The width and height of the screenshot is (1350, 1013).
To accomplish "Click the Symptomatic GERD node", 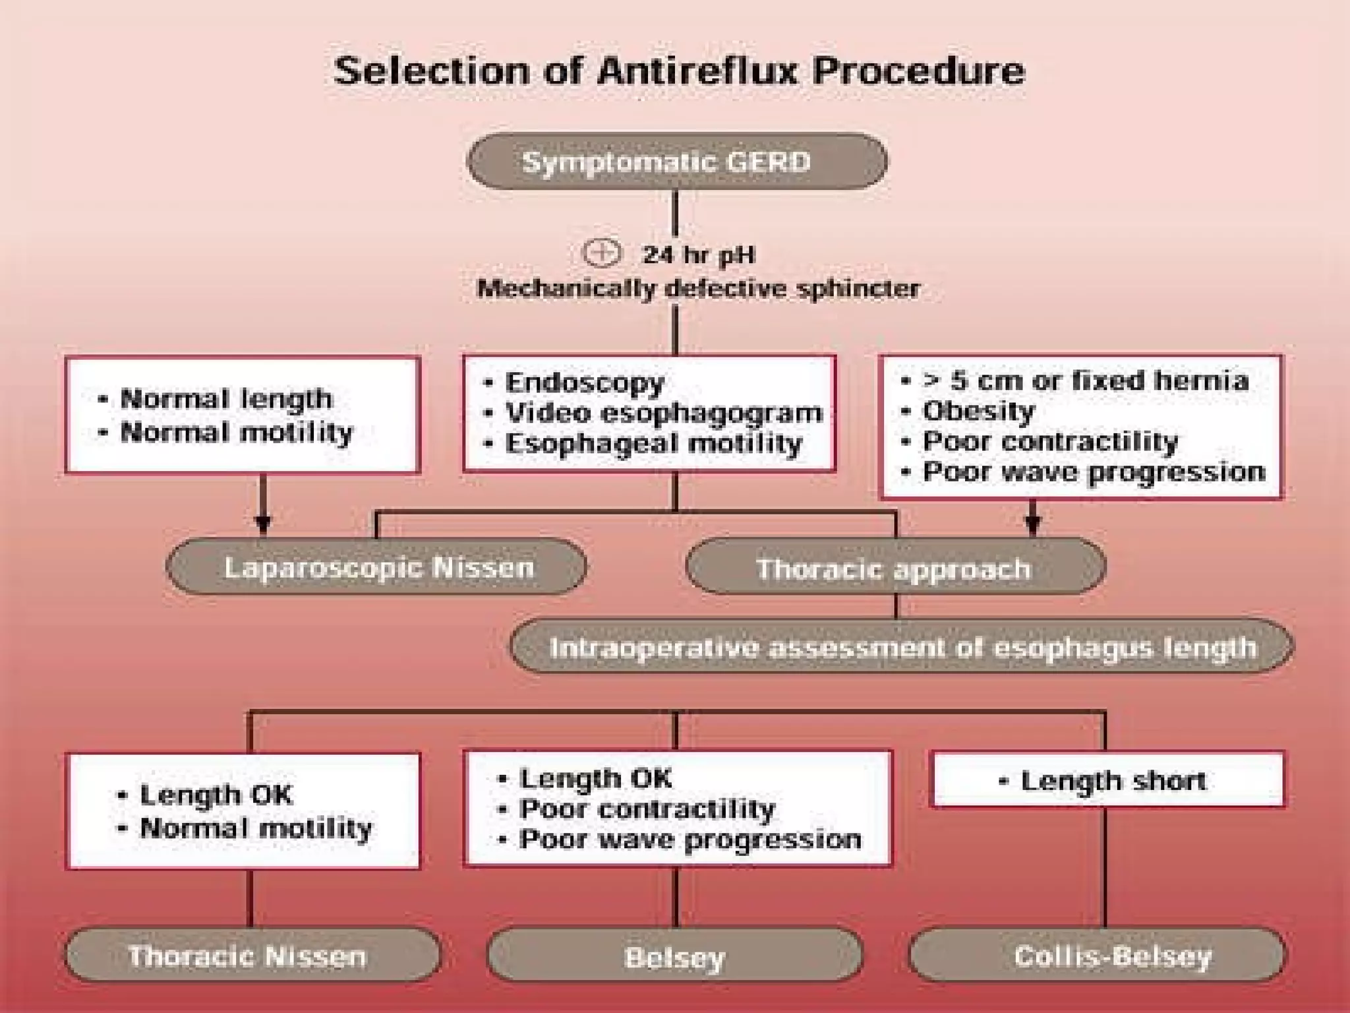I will (676, 162).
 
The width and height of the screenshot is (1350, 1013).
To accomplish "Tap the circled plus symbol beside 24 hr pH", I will (601, 253).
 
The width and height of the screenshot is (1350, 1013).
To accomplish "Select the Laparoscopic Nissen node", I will (377, 567).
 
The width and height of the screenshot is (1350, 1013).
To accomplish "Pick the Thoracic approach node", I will (895, 568).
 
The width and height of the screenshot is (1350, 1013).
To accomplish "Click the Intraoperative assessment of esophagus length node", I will (902, 648).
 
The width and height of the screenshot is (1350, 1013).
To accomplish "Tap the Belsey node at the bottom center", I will (674, 956).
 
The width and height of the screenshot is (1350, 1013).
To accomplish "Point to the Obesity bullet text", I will (978, 411).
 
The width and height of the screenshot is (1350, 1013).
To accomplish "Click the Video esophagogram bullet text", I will (663, 413).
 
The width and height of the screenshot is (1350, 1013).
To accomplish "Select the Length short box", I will (1107, 781).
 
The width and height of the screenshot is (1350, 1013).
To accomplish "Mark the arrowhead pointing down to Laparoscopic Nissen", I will (263, 524).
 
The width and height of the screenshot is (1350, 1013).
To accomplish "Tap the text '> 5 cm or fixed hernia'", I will (1086, 381).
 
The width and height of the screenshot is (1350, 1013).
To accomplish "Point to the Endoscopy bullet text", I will (584, 383).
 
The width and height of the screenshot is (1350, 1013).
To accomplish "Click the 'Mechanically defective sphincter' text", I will (698, 288).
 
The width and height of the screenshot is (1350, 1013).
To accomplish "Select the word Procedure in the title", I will (919, 71).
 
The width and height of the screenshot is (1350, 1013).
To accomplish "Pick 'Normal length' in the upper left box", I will (226, 399).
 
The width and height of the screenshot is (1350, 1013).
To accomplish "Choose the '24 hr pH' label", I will (699, 255).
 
